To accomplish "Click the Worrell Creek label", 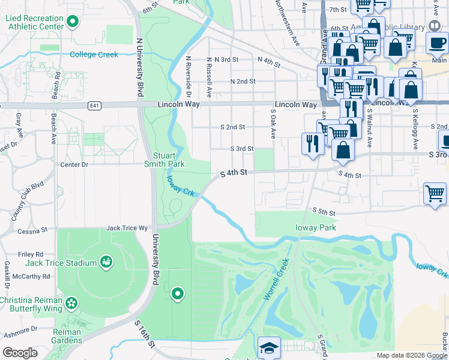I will point(276,280).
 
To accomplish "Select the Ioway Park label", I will point(315,227).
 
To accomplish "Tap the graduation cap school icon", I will point(269,348).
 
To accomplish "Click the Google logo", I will point(20,353).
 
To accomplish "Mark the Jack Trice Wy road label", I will point(126,228).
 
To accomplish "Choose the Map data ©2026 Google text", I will point(412,355).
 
